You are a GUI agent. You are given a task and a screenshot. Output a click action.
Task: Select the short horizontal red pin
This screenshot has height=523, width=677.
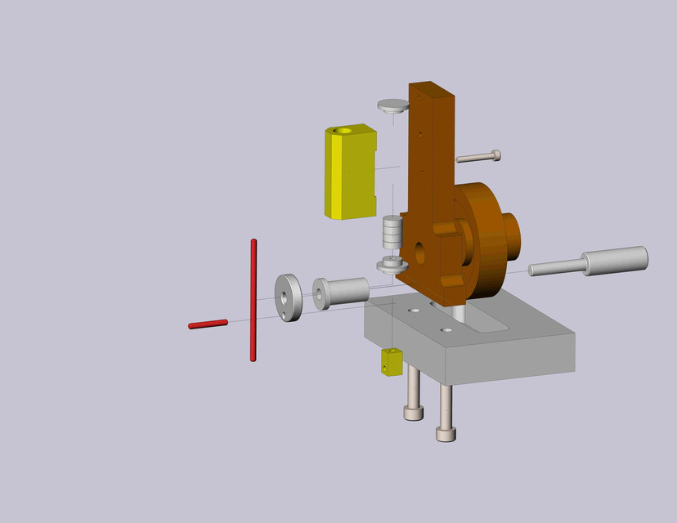coord(208,324)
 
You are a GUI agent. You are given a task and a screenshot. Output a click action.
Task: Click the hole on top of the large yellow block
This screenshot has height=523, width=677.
coord(343,130)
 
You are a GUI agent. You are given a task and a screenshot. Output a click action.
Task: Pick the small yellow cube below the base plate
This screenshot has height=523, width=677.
coord(392,362)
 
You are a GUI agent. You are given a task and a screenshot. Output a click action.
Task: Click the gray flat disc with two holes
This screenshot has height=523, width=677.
coord(288,297)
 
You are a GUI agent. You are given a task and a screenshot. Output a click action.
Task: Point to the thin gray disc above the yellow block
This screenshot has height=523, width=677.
coord(393,105)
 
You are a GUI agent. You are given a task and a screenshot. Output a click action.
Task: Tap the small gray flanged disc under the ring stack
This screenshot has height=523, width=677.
coord(392,265)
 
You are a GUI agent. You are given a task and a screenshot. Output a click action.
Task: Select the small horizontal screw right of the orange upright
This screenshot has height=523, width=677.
coord(479,156)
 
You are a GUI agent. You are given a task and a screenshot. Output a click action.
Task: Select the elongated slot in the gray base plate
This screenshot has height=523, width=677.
coord(491,324)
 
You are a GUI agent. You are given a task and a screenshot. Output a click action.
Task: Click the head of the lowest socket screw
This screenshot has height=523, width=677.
coord(446,432)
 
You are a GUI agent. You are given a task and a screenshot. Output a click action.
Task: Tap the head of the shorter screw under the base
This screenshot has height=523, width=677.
coord(414,413)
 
